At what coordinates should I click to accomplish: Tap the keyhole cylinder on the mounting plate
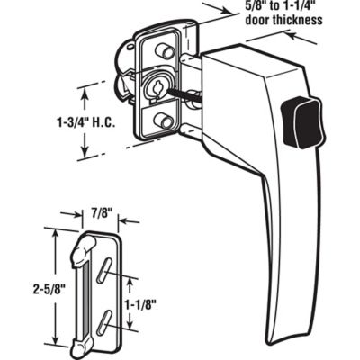[152, 90]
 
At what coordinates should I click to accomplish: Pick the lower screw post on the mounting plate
[163, 120]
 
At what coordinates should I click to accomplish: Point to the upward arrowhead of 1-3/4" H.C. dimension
[86, 88]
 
